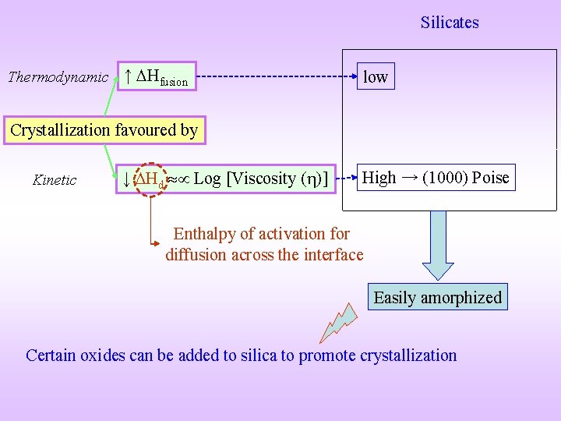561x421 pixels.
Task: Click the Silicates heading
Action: tap(450, 23)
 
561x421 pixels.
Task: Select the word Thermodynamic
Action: tap(58, 76)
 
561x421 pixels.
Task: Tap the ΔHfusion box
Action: tap(157, 76)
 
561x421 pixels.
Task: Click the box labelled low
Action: tap(376, 76)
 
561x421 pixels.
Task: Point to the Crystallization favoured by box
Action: tap(104, 130)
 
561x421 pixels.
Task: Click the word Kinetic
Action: tap(55, 180)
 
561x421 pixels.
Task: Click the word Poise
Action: tap(490, 178)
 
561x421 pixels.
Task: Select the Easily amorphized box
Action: tap(437, 297)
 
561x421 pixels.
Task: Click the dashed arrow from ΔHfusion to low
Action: tap(273, 76)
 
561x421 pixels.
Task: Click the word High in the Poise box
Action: tap(379, 178)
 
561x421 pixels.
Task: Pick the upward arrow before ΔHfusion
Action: tap(128, 76)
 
